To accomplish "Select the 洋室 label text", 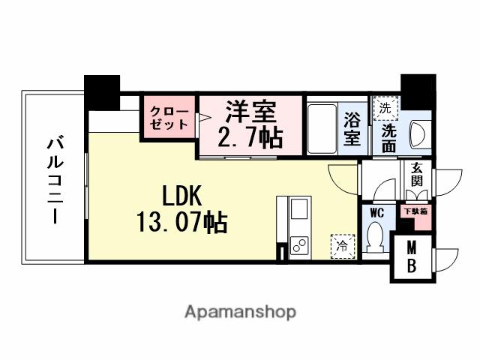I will (x=251, y=112).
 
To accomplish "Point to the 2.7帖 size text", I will (x=251, y=137).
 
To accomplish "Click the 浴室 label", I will (x=352, y=128).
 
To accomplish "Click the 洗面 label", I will (x=389, y=136).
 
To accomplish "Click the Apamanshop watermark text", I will (x=240, y=310).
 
